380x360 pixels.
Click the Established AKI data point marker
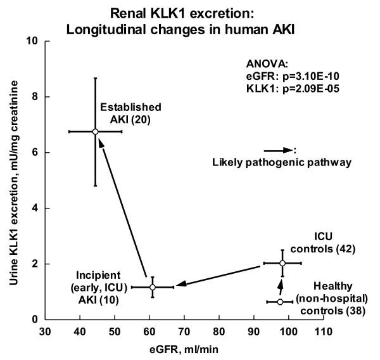[x=95, y=131]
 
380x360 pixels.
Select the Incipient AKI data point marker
[x=152, y=287]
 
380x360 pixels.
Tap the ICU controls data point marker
[x=282, y=263]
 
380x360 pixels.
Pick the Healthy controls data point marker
[x=280, y=302]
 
